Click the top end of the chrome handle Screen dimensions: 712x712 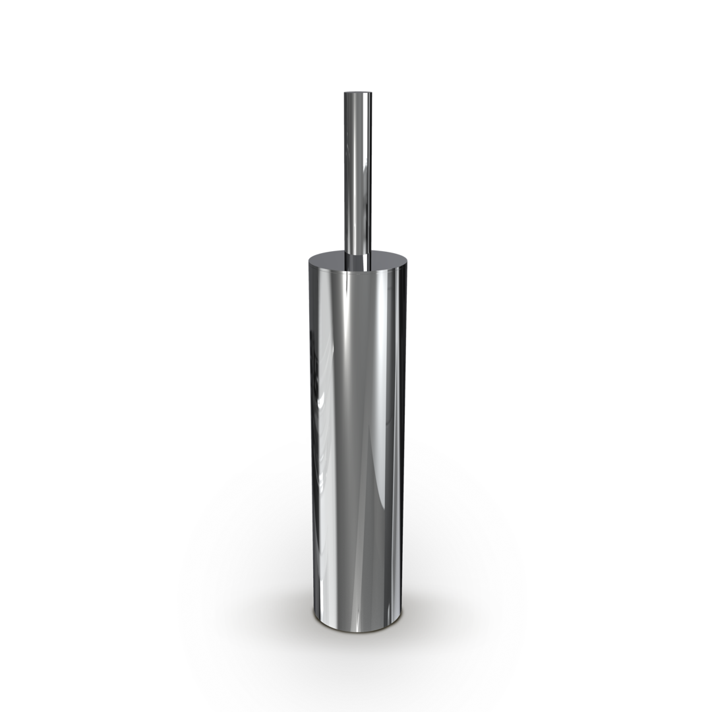click(356, 94)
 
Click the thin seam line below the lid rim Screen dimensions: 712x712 click(356, 271)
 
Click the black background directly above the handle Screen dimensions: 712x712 click(356, 46)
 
